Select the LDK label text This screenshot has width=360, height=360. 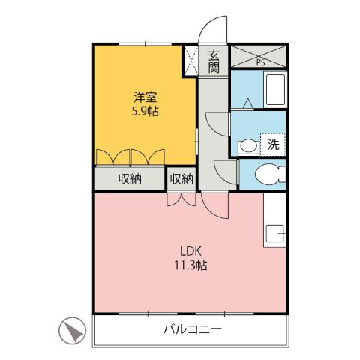(189, 250)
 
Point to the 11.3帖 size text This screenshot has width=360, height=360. (190, 265)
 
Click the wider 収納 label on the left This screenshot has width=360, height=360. (129, 179)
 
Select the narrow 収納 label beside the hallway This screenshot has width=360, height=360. (181, 179)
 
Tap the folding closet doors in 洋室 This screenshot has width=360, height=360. (130, 157)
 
